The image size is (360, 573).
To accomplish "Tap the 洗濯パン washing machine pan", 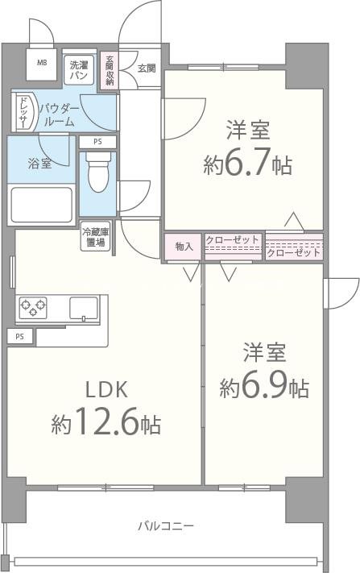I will pos(79,69).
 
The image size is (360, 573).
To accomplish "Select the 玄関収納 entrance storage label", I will pos(110,70).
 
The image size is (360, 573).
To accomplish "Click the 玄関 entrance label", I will pos(146,69).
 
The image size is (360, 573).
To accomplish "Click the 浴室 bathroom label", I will pos(40,164).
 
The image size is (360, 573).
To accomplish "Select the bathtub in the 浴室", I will pos(41,203).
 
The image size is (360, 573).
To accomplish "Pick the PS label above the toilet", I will pos(97,143).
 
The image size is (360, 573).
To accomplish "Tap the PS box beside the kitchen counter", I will pos(19,336).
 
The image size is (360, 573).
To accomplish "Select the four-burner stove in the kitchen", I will pos(33,307).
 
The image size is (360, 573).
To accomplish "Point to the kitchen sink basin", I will pos(83,307).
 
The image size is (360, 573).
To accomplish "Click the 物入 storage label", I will pos(184,246).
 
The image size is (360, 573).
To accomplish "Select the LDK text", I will pos(107,390).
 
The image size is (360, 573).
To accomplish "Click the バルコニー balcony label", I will pos(164,526).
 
